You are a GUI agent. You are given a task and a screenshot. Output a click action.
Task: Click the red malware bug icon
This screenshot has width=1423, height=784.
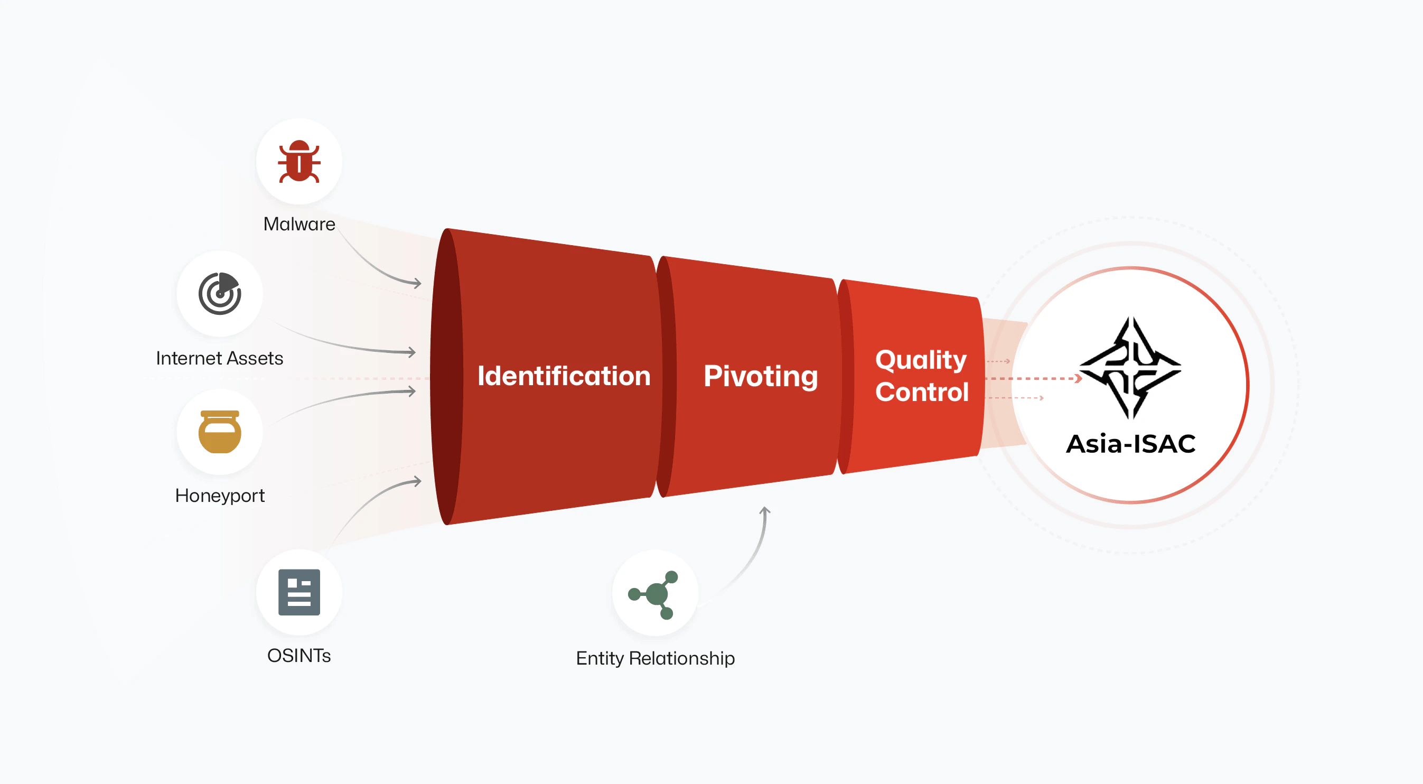[x=299, y=161]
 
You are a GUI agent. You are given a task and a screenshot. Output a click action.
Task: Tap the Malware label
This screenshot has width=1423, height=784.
[x=299, y=224]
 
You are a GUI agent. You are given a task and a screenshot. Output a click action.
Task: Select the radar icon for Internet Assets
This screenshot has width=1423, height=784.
[x=220, y=293]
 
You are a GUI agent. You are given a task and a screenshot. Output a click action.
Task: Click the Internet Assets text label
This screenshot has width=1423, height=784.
[x=219, y=358]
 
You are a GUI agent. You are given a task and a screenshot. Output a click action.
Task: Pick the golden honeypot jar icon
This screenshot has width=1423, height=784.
[x=220, y=432]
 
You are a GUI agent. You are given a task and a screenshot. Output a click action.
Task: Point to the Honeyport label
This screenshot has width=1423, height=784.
[x=219, y=495]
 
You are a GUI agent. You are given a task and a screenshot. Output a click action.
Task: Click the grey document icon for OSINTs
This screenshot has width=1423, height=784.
[x=299, y=592]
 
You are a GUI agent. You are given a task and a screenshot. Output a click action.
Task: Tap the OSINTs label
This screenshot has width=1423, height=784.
[x=299, y=655]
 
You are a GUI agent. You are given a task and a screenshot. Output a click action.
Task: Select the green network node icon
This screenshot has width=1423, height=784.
[x=654, y=594]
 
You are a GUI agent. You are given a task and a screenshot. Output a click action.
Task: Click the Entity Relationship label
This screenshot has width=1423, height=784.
[x=655, y=658]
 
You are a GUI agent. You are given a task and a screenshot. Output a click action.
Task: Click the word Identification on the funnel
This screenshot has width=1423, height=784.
[x=564, y=376]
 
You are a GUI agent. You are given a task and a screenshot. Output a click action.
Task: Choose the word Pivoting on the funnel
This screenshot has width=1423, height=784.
[x=760, y=376]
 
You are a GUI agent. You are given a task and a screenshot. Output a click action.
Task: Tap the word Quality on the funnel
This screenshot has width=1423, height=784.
[x=921, y=360]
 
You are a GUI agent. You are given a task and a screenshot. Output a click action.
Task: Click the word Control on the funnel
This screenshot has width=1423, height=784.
[x=921, y=393]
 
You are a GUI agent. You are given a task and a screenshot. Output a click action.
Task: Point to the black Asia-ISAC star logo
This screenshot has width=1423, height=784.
[x=1130, y=367]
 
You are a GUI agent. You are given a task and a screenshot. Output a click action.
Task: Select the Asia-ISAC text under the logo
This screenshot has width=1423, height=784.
[x=1130, y=444]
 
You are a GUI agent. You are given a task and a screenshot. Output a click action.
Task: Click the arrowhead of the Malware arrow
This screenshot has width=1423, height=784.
[x=418, y=283]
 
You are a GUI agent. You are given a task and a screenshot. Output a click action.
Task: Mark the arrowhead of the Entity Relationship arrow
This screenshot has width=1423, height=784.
[x=765, y=510]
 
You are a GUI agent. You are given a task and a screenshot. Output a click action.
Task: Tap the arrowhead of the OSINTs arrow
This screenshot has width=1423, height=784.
[x=418, y=482]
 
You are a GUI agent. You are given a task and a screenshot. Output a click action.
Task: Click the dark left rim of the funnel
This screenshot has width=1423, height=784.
[x=445, y=376]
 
